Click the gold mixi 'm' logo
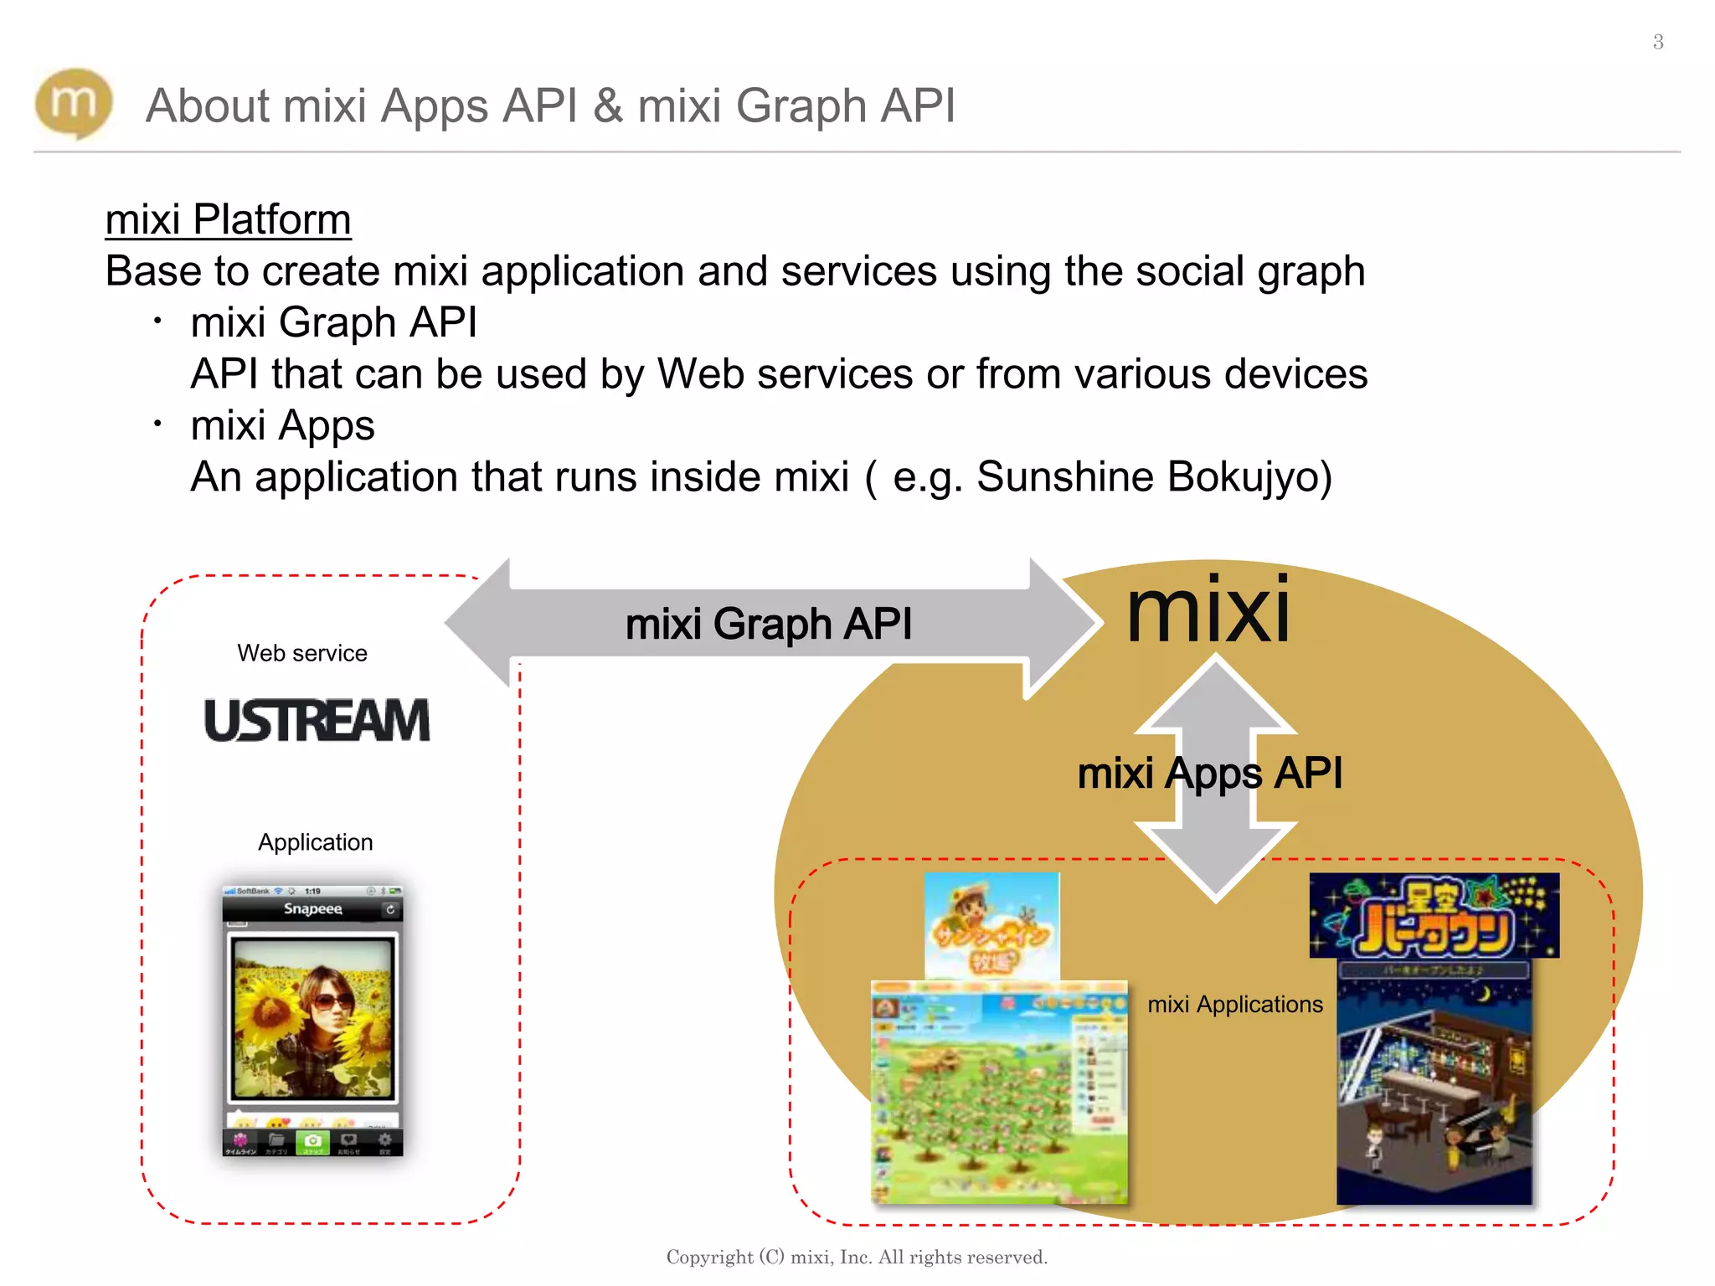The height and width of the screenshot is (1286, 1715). tap(74, 103)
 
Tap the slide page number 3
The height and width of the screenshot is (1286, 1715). tap(1658, 42)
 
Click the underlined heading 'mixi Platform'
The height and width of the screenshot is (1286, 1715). tap(228, 220)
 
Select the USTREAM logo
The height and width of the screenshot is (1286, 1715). tap(317, 721)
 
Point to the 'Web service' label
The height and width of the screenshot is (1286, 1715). tap(302, 653)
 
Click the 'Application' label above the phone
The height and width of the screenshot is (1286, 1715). tap(315, 842)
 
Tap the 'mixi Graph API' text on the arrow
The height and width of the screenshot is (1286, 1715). tap(768, 625)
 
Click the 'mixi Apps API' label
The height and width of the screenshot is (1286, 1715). tap(1209, 773)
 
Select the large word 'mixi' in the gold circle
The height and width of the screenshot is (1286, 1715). tap(1208, 611)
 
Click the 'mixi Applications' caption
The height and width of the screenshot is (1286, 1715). tap(1235, 1005)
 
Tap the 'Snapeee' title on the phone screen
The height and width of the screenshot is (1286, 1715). tap(312, 909)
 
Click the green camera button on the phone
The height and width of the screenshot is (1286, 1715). tap(312, 1141)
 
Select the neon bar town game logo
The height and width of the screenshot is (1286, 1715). tap(1434, 916)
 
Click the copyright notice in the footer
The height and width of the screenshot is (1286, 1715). tap(857, 1257)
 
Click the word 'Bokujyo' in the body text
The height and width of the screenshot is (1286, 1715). tap(1249, 477)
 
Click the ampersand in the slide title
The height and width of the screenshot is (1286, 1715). tap(609, 106)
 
